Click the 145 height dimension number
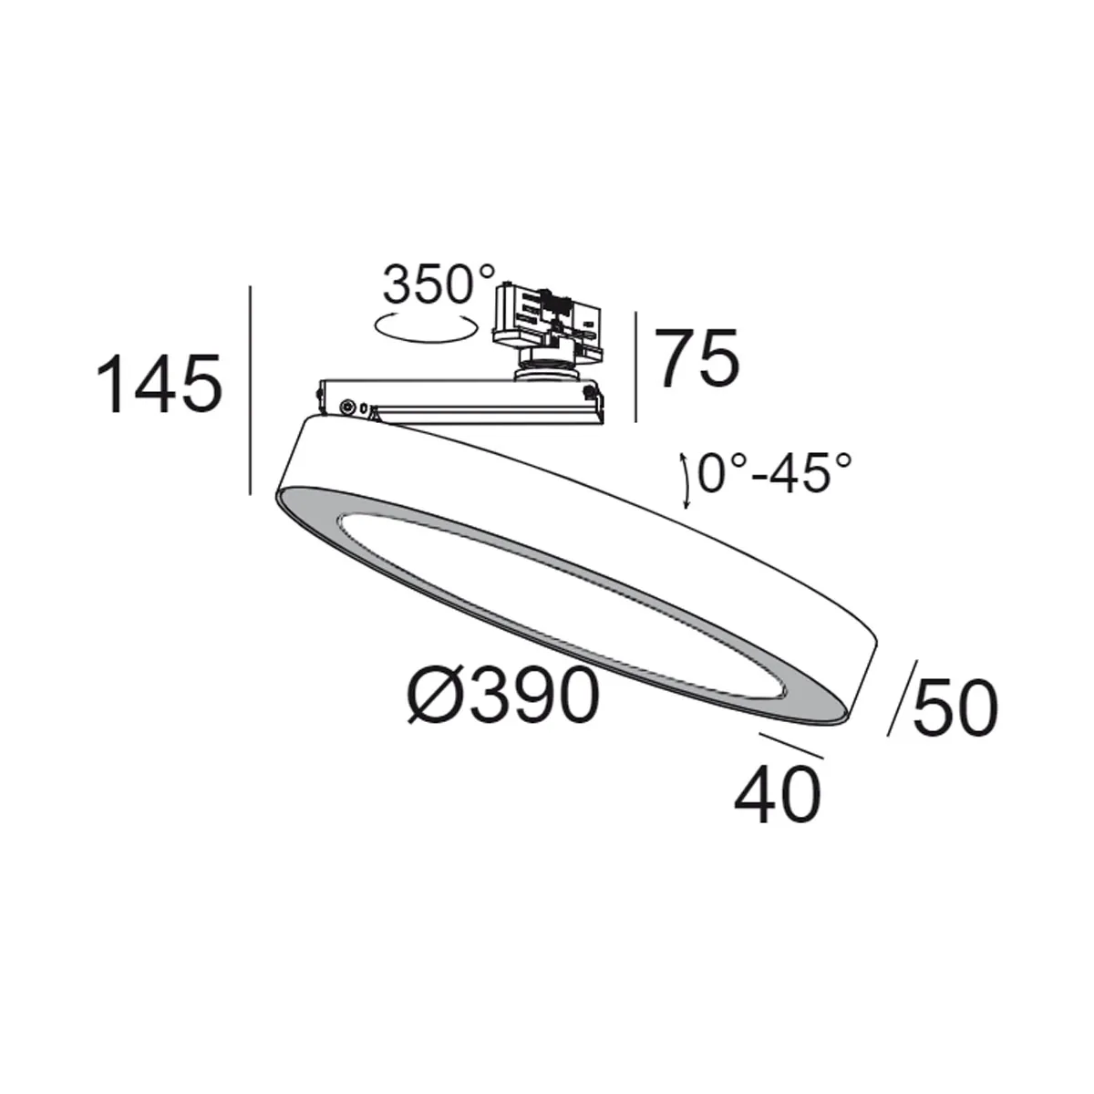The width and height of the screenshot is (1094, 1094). [x=160, y=384]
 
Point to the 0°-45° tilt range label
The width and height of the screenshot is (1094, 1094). [x=774, y=474]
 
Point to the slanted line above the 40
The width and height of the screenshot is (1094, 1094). [x=790, y=746]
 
